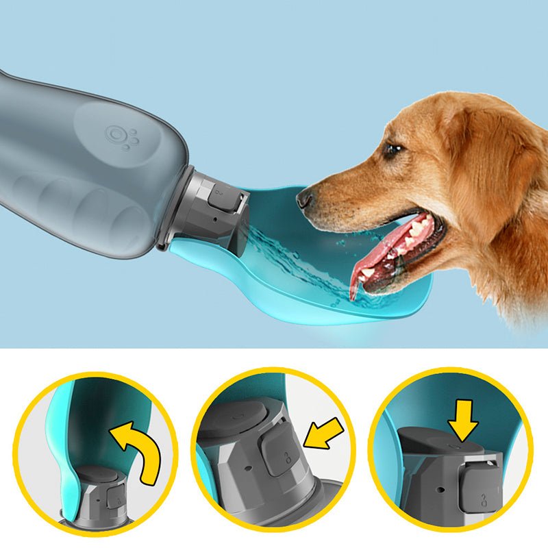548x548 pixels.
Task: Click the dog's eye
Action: click(393, 150)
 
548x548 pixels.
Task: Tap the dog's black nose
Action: click(305, 199)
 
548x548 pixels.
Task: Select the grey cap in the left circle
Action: click(100, 493)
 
